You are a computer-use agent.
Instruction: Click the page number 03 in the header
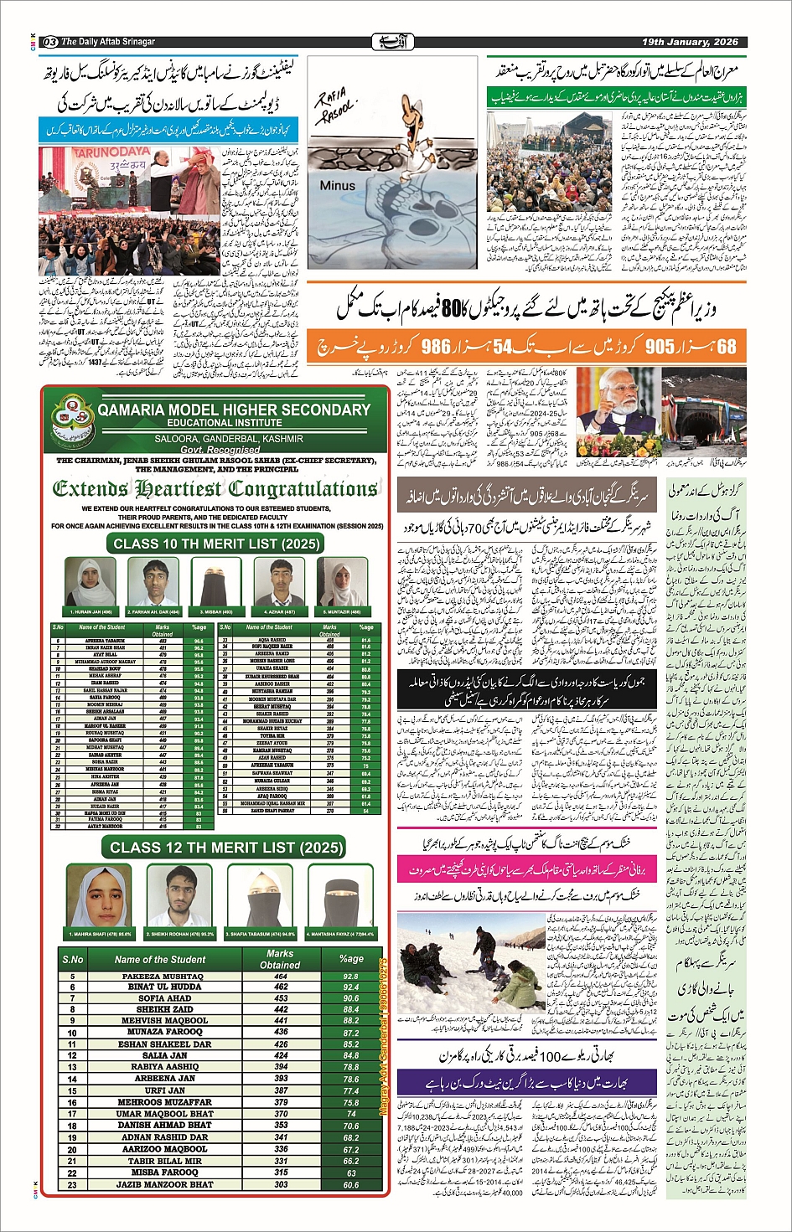pos(49,41)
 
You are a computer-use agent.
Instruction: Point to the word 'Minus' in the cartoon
pos(337,186)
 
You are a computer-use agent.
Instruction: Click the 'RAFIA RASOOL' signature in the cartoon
pos(335,109)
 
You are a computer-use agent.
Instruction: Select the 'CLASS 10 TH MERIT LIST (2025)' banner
pos(216,544)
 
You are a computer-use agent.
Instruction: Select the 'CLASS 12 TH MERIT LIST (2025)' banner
pos(226,848)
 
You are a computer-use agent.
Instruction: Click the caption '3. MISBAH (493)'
pos(215,612)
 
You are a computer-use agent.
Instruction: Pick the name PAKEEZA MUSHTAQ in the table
pos(162,977)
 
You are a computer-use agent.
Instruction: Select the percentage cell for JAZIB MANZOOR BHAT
pos(350,1184)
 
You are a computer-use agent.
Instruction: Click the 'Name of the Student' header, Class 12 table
pos(159,959)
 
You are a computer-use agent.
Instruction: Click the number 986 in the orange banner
pos(436,347)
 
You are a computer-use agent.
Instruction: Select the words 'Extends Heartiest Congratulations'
pos(215,489)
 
